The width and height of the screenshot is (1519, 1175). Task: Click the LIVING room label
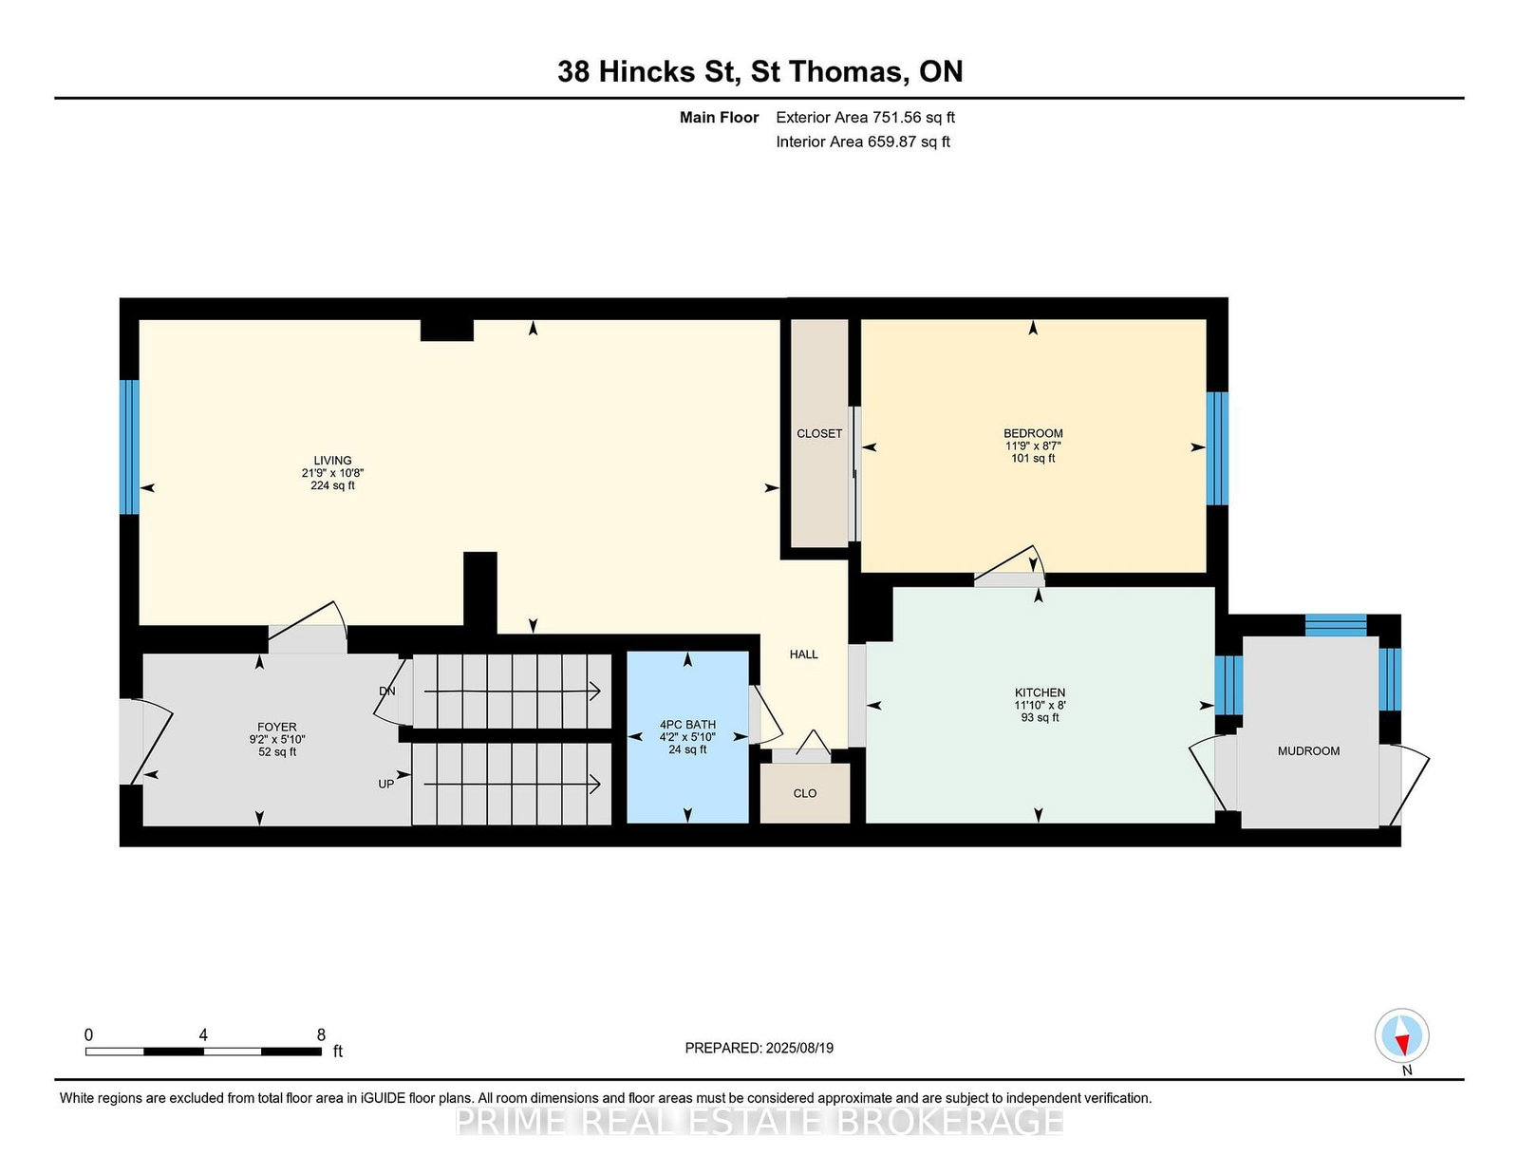point(332,460)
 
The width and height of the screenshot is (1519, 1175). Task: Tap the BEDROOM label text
point(1033,433)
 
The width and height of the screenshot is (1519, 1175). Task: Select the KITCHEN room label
point(1040,692)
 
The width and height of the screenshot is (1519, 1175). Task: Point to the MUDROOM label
point(1308,751)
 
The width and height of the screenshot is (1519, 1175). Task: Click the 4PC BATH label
point(687,725)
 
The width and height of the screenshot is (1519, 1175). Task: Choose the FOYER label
point(277,727)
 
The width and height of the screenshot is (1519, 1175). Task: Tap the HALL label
point(804,654)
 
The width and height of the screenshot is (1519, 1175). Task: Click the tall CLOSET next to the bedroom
point(819,434)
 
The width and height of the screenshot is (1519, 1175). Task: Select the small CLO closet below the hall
point(804,793)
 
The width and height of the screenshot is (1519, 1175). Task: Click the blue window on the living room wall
point(129,447)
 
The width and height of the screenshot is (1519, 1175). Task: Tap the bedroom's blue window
point(1217,448)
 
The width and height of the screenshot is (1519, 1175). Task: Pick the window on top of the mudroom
point(1336,625)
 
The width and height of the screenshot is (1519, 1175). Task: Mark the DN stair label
point(387,691)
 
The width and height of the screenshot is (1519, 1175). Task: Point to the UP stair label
point(385,784)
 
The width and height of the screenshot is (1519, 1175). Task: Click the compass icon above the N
point(1401,1035)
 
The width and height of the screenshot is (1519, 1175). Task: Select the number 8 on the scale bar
point(321,1034)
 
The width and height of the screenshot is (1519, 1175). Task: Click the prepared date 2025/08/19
point(799,1048)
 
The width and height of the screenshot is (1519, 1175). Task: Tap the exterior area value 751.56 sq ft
point(913,118)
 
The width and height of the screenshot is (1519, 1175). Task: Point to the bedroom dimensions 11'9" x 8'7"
point(1033,445)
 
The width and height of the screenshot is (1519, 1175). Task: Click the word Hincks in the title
point(646,71)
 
